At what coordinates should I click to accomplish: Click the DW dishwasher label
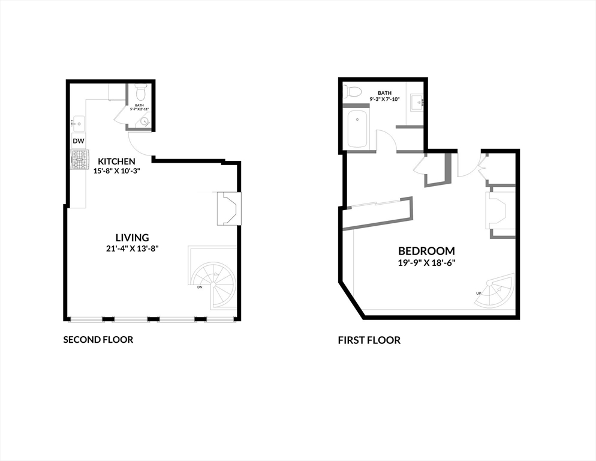pyautogui.click(x=78, y=141)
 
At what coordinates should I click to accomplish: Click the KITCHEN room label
pyautogui.click(x=116, y=161)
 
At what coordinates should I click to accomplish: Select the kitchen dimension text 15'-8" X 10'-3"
pyautogui.click(x=116, y=170)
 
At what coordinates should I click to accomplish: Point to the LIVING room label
pyautogui.click(x=133, y=238)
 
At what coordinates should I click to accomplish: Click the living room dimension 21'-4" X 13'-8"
pyautogui.click(x=133, y=248)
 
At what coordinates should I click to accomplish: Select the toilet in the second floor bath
pyautogui.click(x=141, y=93)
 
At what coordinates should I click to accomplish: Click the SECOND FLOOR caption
pyautogui.click(x=98, y=340)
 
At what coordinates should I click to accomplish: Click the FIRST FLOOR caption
pyautogui.click(x=369, y=340)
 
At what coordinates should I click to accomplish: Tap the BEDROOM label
pyautogui.click(x=426, y=251)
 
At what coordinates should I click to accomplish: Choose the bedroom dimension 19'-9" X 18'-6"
pyautogui.click(x=426, y=262)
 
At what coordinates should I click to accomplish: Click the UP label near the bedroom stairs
pyautogui.click(x=478, y=293)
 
